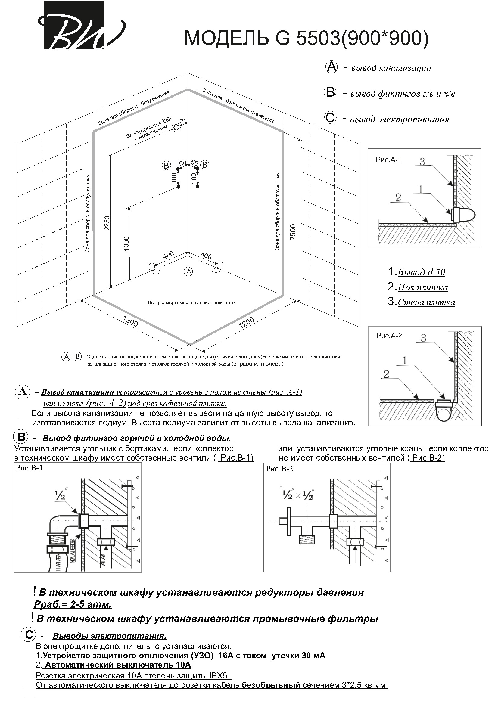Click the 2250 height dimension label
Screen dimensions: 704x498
pos(107,223)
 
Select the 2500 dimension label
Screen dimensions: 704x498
pos(293,232)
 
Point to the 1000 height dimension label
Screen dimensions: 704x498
pos(126,244)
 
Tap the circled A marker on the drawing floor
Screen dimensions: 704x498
pos(188,271)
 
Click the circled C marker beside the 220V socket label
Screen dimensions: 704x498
pos(176,127)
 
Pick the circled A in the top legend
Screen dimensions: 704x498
pos(331,67)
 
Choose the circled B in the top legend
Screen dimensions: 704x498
pos(330,92)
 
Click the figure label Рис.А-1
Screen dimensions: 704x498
pos(388,160)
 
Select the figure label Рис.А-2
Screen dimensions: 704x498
pos(389,336)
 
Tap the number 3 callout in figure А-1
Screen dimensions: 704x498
pos(422,162)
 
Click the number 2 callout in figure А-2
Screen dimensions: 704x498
pos(386,374)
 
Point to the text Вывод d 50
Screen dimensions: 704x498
pos(421,272)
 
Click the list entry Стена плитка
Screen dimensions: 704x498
pos(426,302)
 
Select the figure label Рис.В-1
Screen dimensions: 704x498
pos(29,468)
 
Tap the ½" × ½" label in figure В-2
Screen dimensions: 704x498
pos(298,495)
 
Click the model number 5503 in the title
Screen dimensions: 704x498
pos(317,39)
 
